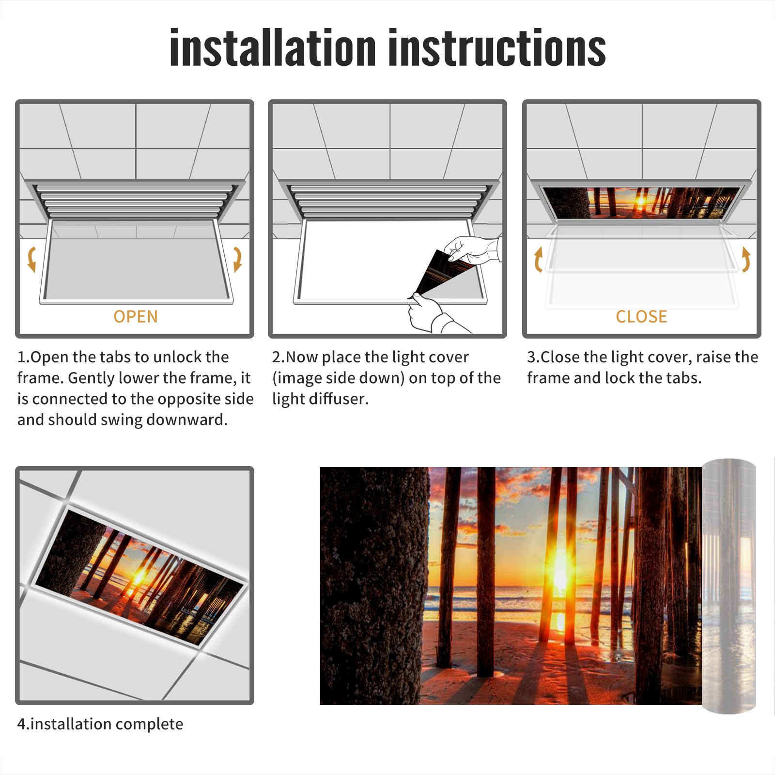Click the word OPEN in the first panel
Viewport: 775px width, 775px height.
(136, 317)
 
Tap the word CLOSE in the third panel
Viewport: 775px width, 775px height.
(641, 317)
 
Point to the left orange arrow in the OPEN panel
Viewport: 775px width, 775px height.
(32, 259)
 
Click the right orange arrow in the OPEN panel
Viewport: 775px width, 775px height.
(237, 259)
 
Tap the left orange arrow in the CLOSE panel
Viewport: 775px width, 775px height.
(538, 259)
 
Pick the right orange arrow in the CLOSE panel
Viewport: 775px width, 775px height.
(746, 259)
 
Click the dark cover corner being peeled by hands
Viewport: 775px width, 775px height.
(443, 271)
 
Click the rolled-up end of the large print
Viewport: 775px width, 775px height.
(728, 586)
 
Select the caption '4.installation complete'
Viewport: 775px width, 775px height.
(100, 724)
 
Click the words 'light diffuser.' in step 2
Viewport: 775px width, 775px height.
(320, 399)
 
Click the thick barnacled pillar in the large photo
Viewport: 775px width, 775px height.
(374, 586)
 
